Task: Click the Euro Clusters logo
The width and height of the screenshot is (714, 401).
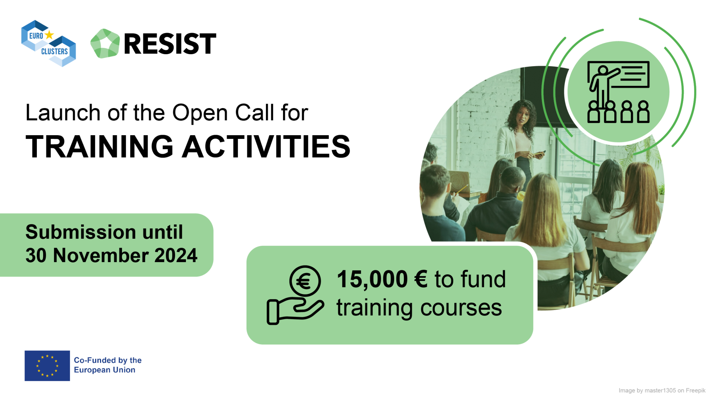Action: click(x=49, y=43)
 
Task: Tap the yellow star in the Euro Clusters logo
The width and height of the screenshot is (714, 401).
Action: click(x=49, y=35)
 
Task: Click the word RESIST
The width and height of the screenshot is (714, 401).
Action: click(x=170, y=44)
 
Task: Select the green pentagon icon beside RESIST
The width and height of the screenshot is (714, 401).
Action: click(x=105, y=43)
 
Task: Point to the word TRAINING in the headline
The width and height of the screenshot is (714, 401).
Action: click(x=100, y=146)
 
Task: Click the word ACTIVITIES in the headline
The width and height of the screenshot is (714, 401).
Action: click(x=266, y=146)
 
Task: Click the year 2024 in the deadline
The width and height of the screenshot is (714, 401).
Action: click(x=176, y=255)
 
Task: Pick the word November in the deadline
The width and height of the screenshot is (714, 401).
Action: click(x=100, y=255)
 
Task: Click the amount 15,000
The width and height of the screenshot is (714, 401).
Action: click(x=372, y=279)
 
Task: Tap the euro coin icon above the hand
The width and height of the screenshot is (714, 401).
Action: click(x=305, y=281)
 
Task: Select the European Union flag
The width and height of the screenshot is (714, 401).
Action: click(x=47, y=366)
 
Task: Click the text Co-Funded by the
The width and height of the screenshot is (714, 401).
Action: click(x=108, y=360)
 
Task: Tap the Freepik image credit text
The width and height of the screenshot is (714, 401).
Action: click(x=662, y=391)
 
